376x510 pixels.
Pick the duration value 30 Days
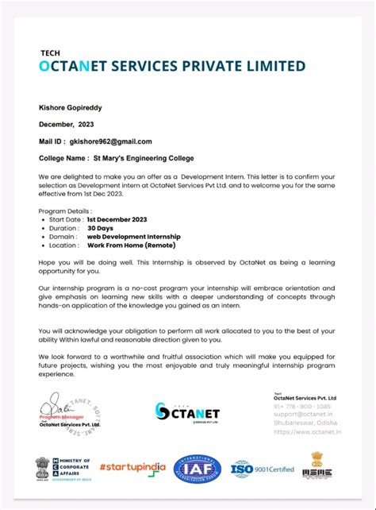pyautogui.click(x=101, y=227)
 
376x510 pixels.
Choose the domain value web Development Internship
pyautogui.click(x=134, y=236)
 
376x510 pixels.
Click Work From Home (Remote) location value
pyautogui.click(x=132, y=245)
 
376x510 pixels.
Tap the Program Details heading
pyautogui.click(x=63, y=210)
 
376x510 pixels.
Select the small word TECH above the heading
pyautogui.click(x=50, y=52)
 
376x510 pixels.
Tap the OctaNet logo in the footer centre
pyautogui.click(x=187, y=412)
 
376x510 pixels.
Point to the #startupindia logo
pyautogui.click(x=133, y=468)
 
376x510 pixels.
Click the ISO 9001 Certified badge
pyautogui.click(x=262, y=469)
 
